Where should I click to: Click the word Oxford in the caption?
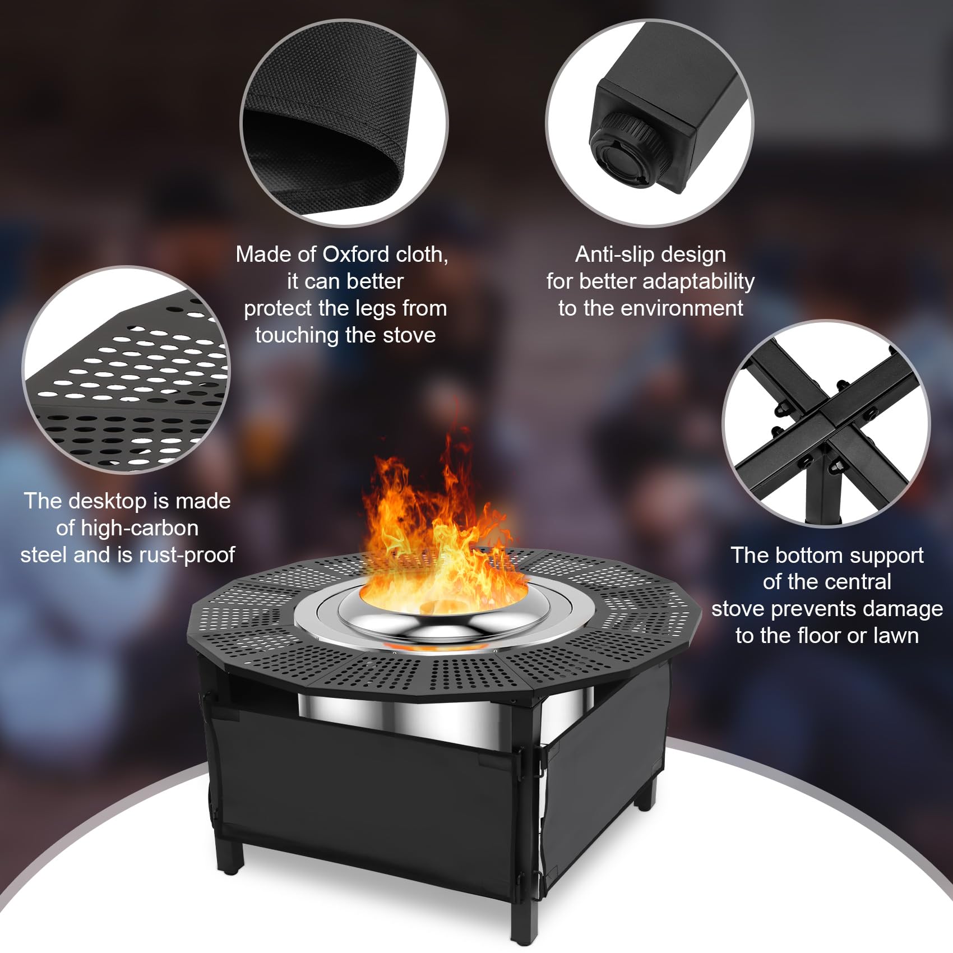[357, 255]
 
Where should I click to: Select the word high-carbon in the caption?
[140, 529]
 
